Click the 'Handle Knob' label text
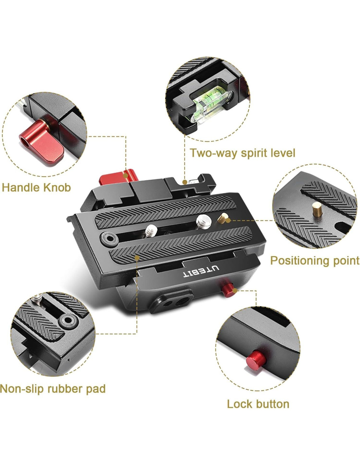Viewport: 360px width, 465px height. click(x=36, y=188)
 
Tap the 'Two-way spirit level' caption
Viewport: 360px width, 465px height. click(x=243, y=153)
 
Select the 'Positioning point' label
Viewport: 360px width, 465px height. click(x=315, y=261)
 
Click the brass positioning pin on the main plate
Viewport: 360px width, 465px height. click(x=223, y=218)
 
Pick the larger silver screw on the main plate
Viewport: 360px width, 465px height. click(x=204, y=222)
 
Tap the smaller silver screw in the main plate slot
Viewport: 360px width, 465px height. click(x=151, y=231)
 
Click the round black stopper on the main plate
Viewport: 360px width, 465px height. click(x=109, y=238)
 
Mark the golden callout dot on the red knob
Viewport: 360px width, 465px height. click(x=126, y=176)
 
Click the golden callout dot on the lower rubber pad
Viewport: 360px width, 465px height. click(x=137, y=258)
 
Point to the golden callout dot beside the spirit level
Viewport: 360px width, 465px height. click(x=185, y=182)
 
